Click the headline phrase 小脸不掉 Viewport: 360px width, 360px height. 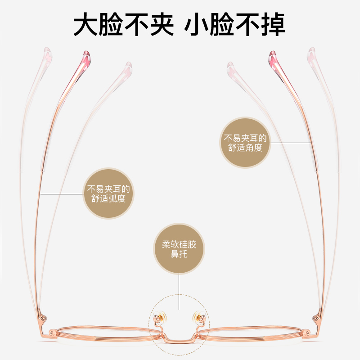[235, 25]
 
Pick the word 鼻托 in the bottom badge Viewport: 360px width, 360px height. [179, 255]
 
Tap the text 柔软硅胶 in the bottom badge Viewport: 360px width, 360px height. [179, 245]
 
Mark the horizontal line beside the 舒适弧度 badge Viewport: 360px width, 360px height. [62, 193]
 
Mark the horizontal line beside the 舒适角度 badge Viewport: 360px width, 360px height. [290, 143]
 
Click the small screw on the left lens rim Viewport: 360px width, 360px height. [54, 333]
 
